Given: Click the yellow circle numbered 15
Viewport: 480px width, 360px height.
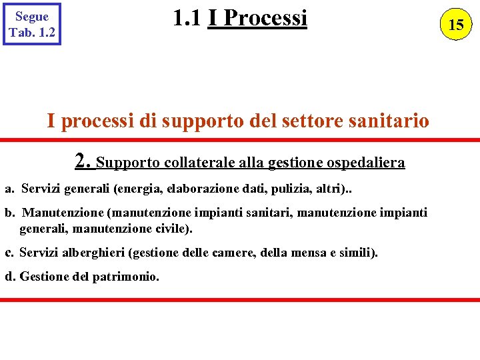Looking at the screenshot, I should (x=456, y=25).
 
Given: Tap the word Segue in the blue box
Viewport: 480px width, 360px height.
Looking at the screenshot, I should (x=32, y=17).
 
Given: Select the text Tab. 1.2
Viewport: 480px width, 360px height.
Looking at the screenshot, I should (x=32, y=32).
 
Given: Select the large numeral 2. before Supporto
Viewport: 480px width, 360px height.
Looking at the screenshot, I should (x=83, y=161).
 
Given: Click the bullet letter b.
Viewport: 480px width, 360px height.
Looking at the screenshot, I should (x=9, y=213).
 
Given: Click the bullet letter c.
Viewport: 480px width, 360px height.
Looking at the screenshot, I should (x=9, y=253).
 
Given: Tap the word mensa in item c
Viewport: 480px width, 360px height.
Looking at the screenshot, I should (x=304, y=253).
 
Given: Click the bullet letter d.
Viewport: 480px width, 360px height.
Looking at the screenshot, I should (x=10, y=276).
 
